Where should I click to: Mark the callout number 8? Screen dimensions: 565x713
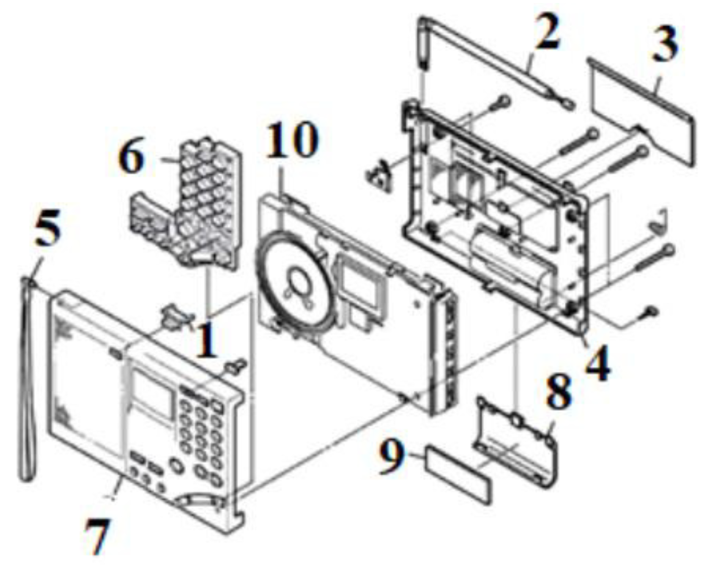point(559,392)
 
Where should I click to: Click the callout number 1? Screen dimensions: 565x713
point(206,341)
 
